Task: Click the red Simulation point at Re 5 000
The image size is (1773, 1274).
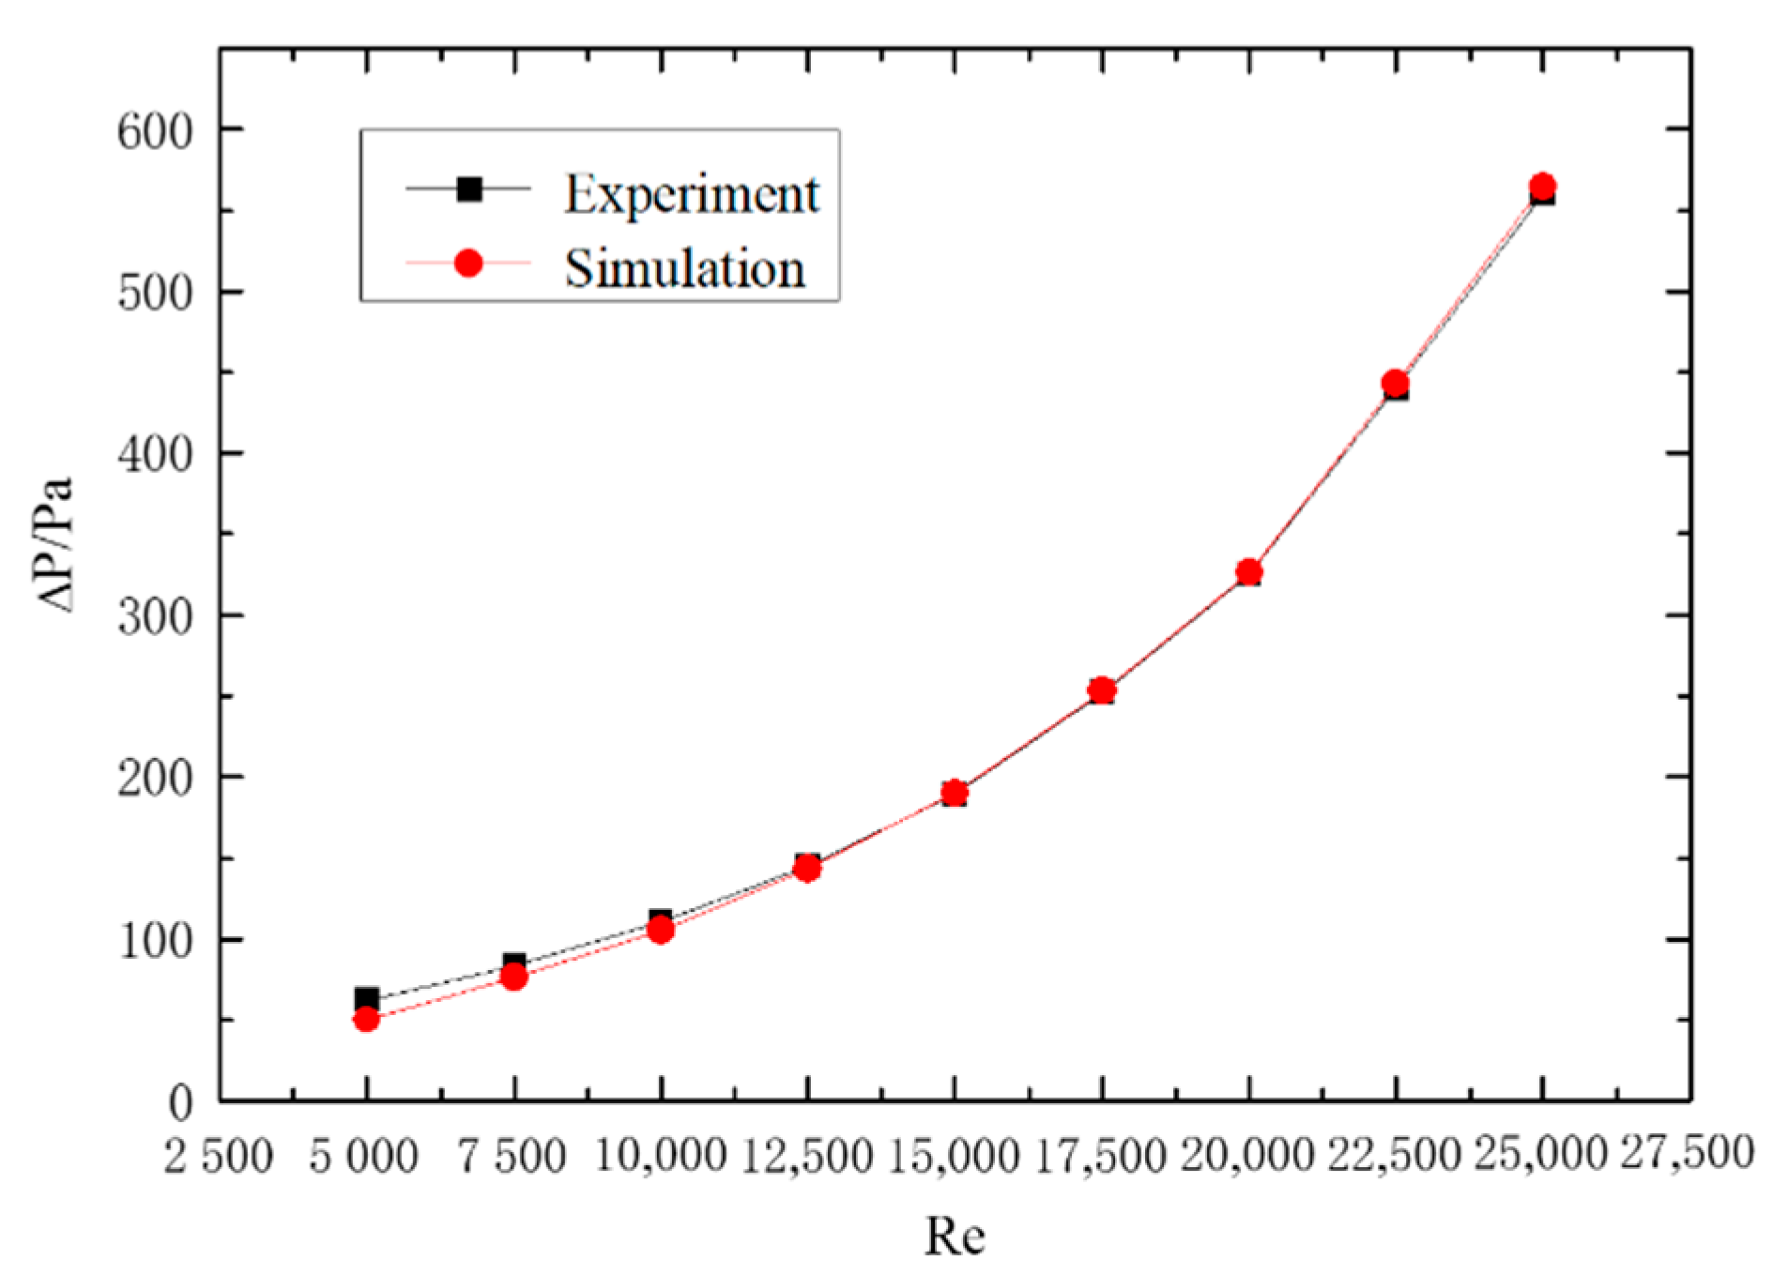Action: (366, 1018)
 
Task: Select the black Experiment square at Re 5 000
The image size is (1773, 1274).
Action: (366, 998)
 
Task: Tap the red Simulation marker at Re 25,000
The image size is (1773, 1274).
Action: (1542, 186)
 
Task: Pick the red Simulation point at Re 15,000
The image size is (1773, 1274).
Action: (955, 792)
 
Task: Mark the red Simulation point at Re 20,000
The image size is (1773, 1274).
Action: (1248, 571)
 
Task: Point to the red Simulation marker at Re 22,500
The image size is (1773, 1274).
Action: (1396, 383)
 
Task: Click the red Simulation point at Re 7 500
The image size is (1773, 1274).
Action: (513, 977)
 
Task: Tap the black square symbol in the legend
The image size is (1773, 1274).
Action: (468, 190)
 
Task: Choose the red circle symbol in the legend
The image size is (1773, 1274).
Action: (468, 264)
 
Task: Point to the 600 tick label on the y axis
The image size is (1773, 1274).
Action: (155, 130)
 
